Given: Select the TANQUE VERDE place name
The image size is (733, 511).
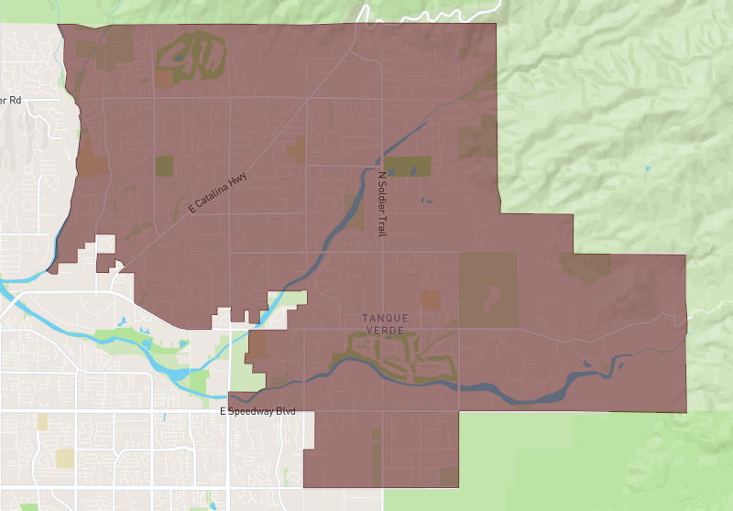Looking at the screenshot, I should coord(386,323).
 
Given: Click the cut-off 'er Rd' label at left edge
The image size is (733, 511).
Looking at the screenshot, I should coord(10,100).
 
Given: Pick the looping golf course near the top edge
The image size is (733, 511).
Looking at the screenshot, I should coord(191,57).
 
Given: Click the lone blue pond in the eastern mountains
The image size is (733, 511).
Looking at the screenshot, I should coord(648,169).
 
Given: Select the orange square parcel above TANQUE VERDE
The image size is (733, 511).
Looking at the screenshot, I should coord(430,299).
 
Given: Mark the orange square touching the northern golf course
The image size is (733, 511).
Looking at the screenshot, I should coord(163,79).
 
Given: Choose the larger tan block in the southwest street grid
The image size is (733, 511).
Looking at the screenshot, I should coord(64,457).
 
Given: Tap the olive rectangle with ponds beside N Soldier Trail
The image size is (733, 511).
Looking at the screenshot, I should coord(407,167).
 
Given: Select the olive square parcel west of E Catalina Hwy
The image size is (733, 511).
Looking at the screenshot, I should coord(164,165).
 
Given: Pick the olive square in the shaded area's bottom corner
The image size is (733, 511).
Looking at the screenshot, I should coord(448,477).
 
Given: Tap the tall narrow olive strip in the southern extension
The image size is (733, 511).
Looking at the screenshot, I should coord(375,457).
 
